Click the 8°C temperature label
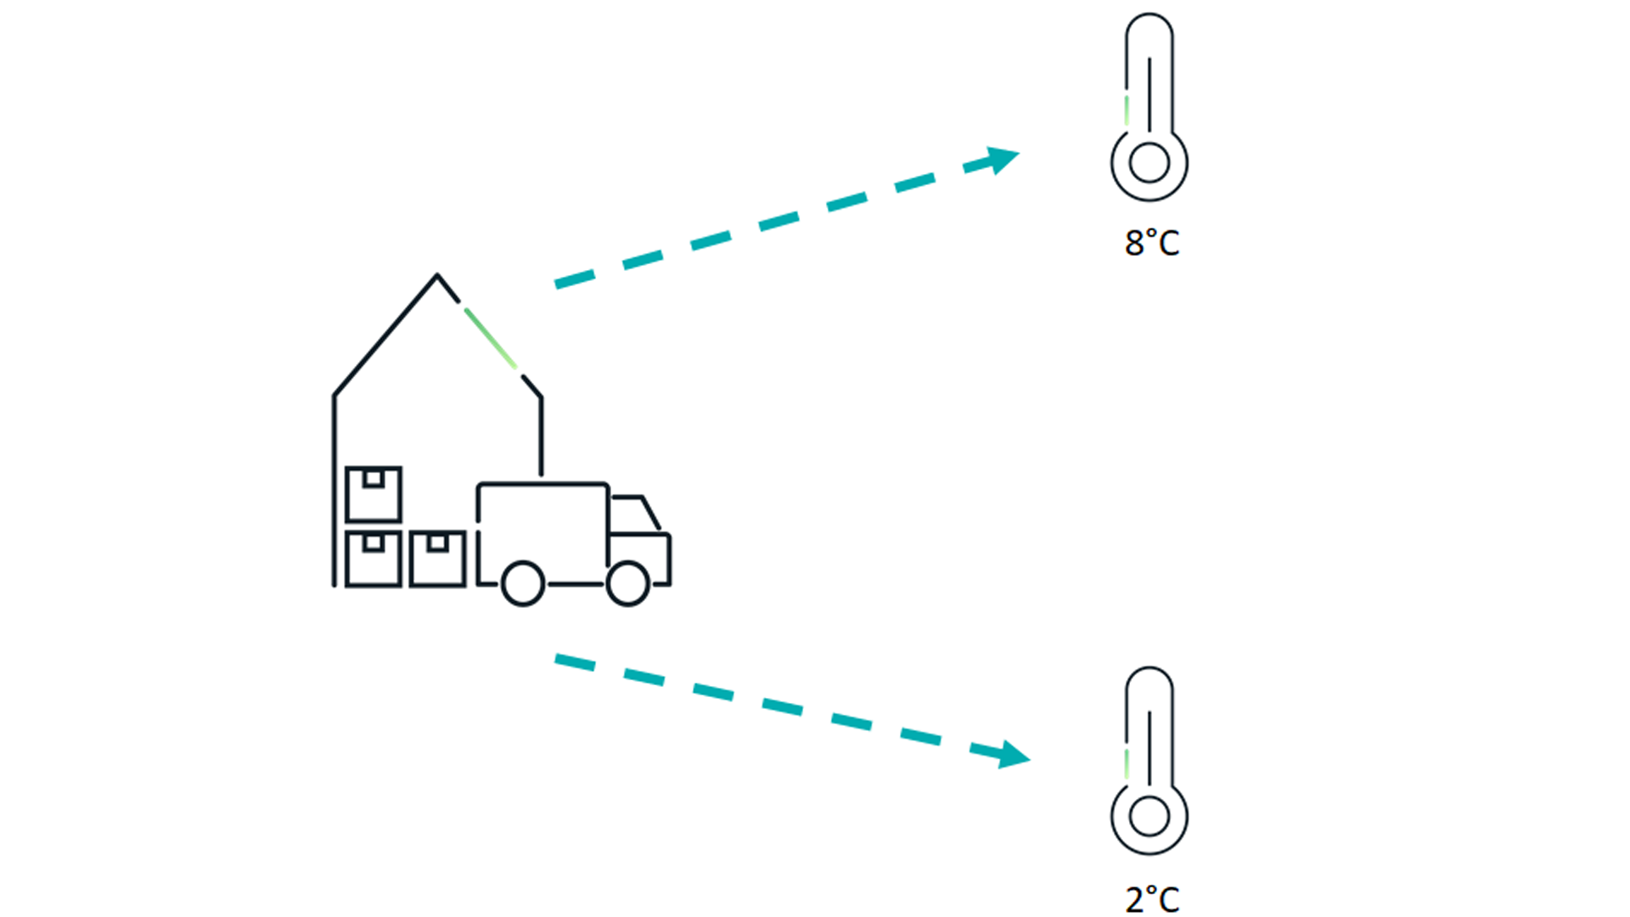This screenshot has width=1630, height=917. [1152, 243]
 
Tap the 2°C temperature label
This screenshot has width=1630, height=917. [1152, 899]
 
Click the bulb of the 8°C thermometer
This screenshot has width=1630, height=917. [1149, 163]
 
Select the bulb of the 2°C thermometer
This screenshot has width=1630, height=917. [1149, 817]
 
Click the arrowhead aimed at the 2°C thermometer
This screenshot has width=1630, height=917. [1014, 754]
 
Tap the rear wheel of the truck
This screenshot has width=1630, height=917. [523, 583]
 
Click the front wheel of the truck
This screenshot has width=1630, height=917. [628, 583]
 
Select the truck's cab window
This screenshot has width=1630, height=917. [634, 515]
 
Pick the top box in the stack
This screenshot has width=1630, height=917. [374, 493]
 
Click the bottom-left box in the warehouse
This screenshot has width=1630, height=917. [374, 559]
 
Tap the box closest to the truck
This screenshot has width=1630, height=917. [437, 559]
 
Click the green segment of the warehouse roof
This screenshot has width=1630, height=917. [490, 338]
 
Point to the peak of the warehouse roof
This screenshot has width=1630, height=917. [437, 274]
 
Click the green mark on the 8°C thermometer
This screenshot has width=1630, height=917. [1127, 110]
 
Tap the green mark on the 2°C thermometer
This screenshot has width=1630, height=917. [1127, 764]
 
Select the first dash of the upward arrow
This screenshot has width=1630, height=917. [575, 278]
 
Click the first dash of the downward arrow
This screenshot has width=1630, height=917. [575, 661]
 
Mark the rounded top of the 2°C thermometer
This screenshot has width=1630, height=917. [1149, 670]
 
